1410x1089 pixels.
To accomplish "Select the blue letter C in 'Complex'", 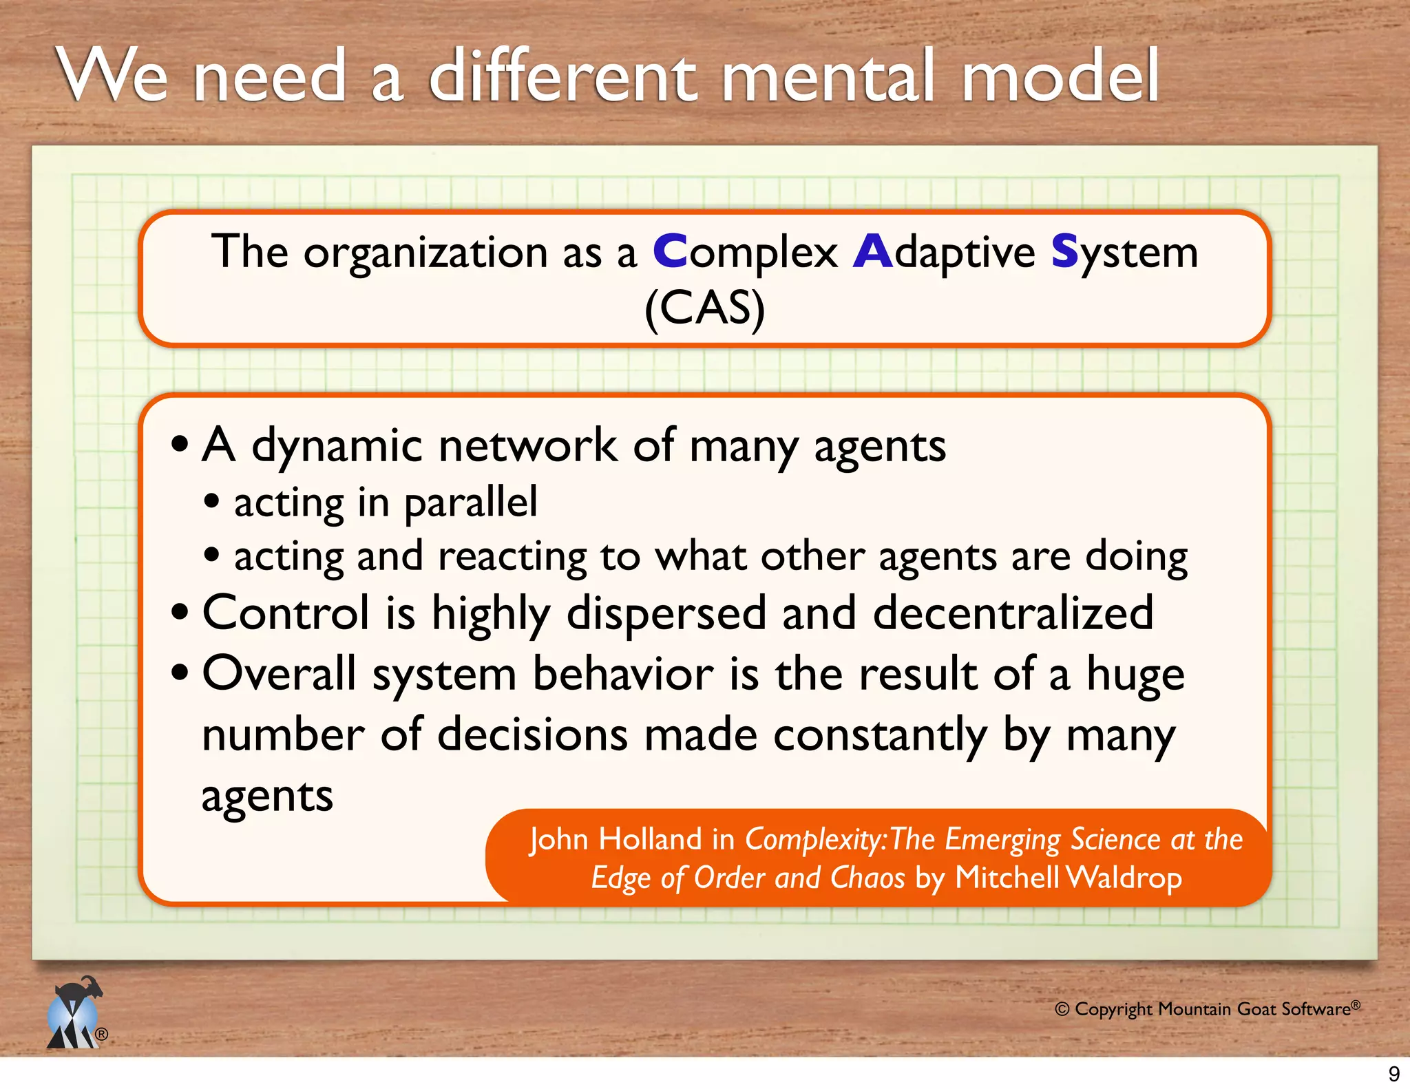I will (669, 252).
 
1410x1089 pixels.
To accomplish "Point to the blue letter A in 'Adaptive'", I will (872, 252).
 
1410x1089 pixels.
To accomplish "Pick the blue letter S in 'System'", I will (1064, 252).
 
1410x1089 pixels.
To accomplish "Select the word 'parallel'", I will (470, 503).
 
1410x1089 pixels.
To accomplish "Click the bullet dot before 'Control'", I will (180, 612).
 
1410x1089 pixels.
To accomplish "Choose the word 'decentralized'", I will (1013, 613).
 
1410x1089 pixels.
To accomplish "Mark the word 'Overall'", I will (279, 673).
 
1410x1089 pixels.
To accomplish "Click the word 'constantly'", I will (880, 736).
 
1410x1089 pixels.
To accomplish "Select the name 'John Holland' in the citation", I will (615, 840).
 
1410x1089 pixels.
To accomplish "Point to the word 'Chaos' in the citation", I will (867, 878).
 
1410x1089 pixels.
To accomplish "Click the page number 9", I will (1393, 1074).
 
